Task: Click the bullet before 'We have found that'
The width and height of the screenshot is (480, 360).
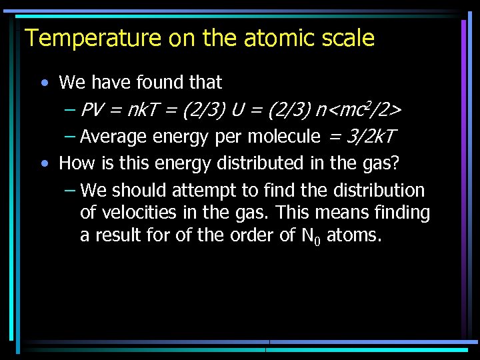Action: [44, 83]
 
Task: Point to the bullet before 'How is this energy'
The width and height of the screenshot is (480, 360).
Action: [44, 163]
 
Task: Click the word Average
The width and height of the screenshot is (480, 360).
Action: [113, 137]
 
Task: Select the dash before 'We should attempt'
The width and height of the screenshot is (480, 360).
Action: [71, 191]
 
